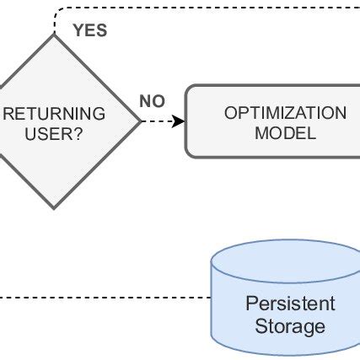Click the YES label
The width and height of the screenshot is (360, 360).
[90, 31]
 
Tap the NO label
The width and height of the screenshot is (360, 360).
[152, 102]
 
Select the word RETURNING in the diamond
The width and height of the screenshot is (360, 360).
[56, 114]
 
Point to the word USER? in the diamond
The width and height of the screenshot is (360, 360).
[55, 133]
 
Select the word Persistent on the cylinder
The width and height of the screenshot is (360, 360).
[289, 304]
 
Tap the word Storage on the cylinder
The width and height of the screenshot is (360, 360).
[289, 325]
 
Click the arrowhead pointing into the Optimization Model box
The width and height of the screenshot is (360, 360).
[180, 121]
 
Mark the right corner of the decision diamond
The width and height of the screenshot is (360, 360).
[141, 121]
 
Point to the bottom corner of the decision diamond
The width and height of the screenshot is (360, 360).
[55, 207]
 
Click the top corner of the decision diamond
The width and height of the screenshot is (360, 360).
[55, 36]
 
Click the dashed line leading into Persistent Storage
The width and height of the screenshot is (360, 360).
[101, 298]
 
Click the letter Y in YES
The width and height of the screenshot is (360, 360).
[78, 31]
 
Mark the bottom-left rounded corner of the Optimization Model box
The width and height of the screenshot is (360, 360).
[189, 153]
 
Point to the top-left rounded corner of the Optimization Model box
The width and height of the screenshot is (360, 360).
[189, 89]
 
